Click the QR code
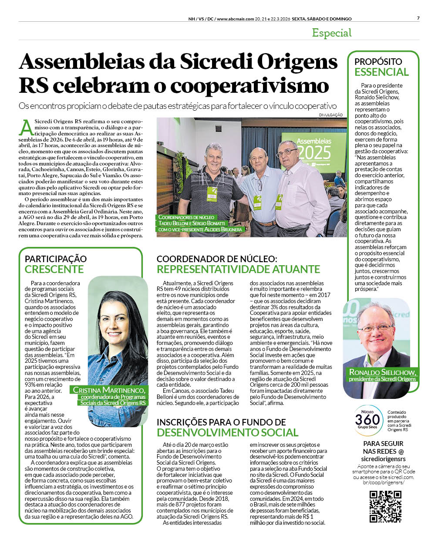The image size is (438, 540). [x=385, y=506]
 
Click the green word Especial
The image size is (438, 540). [x=332, y=33]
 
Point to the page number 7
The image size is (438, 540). [x=418, y=18]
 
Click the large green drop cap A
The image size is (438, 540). [x=26, y=127]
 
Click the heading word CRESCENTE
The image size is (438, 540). [x=54, y=269]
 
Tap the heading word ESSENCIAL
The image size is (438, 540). [x=381, y=72]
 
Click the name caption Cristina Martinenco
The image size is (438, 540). [x=109, y=390]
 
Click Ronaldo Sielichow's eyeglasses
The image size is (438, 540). [x=375, y=327]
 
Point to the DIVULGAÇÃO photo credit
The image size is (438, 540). [x=330, y=115]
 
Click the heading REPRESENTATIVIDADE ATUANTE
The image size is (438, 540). [x=238, y=269]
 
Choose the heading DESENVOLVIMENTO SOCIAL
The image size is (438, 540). [x=227, y=432]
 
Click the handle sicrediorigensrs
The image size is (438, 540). [x=383, y=459]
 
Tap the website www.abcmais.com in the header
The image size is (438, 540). [x=235, y=19]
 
